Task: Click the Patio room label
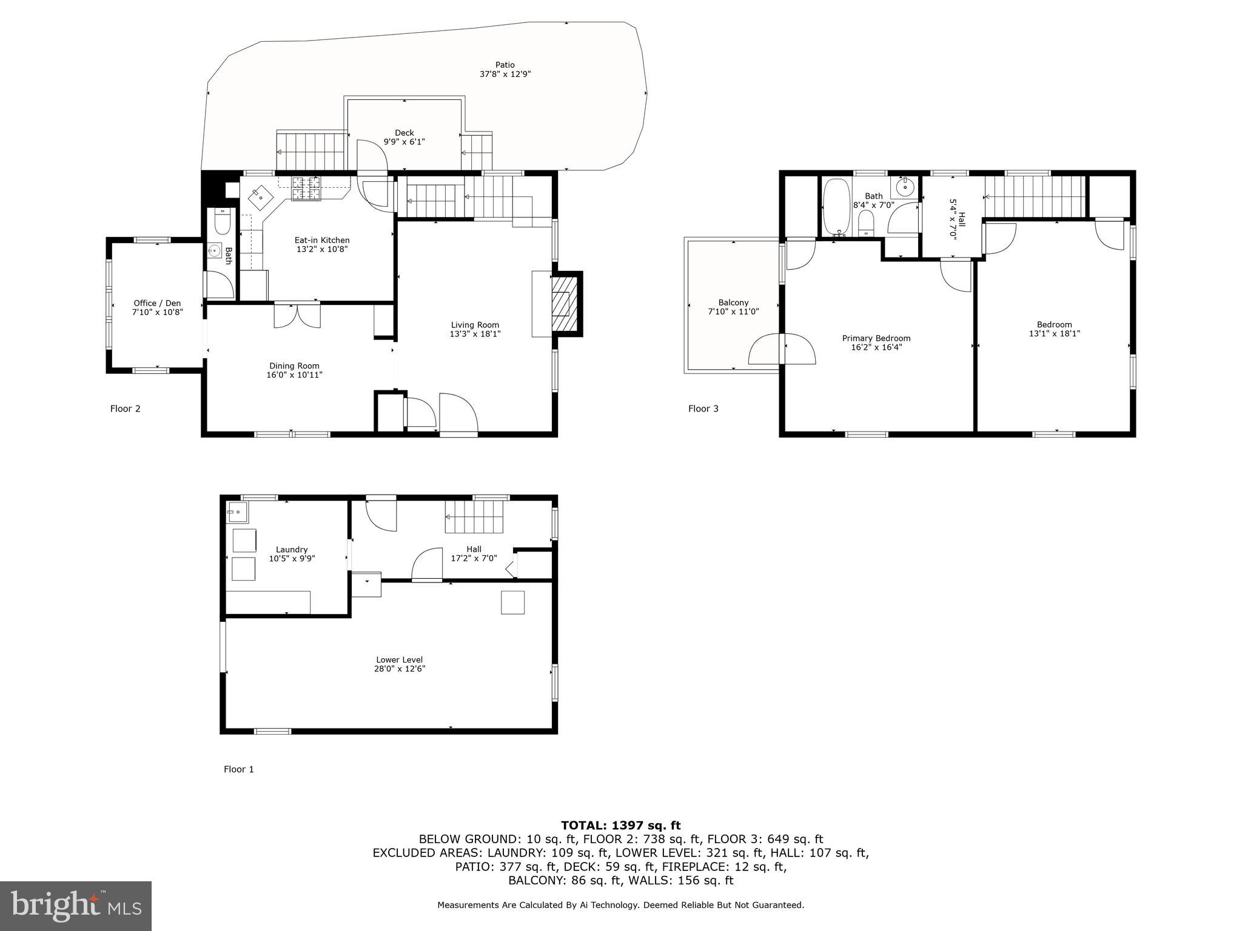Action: click(x=505, y=65)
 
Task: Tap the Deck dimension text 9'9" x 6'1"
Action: click(x=404, y=142)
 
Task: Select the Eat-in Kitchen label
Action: click(x=322, y=240)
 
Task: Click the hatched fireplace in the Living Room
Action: click(x=562, y=304)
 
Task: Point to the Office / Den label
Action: click(x=157, y=303)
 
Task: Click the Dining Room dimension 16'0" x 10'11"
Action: click(x=294, y=375)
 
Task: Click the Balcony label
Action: click(x=733, y=302)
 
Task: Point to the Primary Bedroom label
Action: click(x=876, y=338)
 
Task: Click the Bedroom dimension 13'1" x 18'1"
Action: click(x=1054, y=333)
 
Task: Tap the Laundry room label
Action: click(x=292, y=550)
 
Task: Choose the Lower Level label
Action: click(x=399, y=659)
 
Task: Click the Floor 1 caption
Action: click(x=238, y=769)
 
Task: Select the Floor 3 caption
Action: click(x=703, y=409)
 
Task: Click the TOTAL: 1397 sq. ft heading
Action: click(x=620, y=825)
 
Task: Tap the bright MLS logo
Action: click(x=76, y=906)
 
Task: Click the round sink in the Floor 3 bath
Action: click(x=905, y=187)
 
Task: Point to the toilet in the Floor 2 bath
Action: click(x=222, y=222)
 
